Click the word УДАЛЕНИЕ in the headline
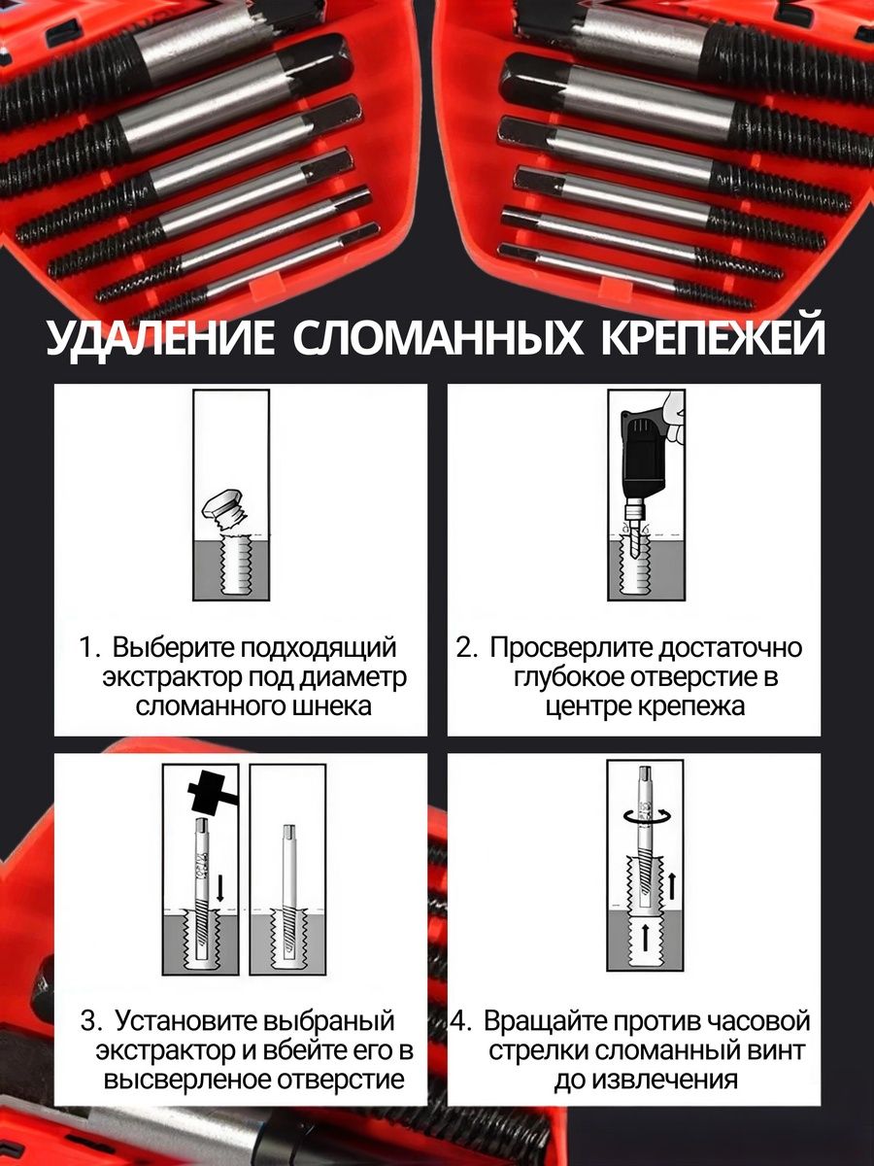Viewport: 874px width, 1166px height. pos(161,338)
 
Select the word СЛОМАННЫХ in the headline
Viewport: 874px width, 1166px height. pos(438,338)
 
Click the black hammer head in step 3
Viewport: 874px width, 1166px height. pos(207,794)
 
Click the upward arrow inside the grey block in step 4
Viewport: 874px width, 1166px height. pos(645,937)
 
